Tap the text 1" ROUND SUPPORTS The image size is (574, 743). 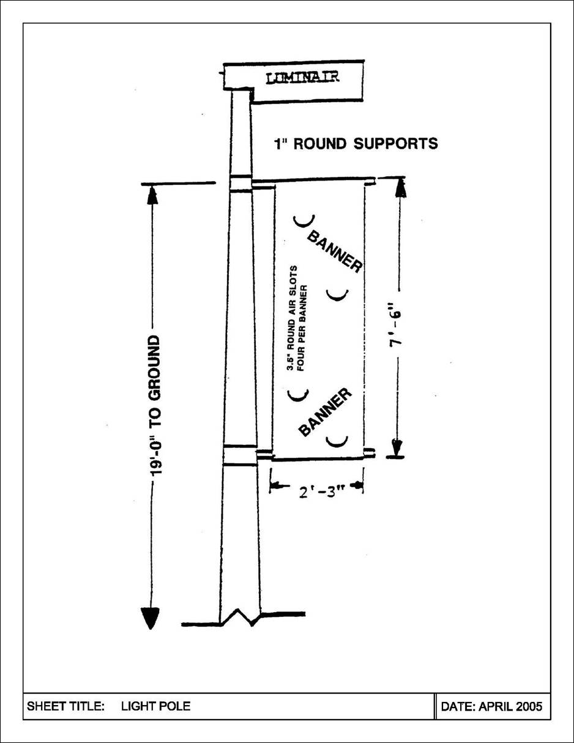356,144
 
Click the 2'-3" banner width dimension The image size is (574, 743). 317,492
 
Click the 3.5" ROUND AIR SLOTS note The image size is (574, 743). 298,318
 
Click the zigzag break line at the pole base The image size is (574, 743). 240,618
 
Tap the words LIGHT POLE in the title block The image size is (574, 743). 155,706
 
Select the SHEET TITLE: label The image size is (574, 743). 66,706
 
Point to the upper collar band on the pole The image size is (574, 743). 240,183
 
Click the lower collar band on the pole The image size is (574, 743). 240,455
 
